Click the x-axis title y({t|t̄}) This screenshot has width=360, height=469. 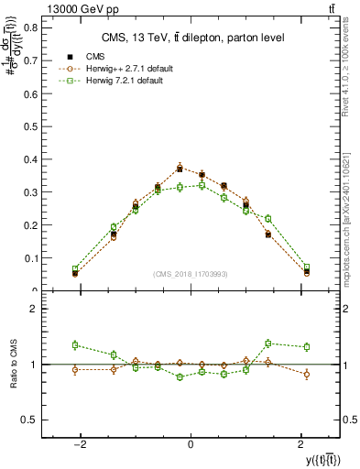tap(311, 459)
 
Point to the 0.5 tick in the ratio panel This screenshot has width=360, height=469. tap(29, 420)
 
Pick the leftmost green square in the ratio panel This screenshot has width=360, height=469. tap(75, 344)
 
